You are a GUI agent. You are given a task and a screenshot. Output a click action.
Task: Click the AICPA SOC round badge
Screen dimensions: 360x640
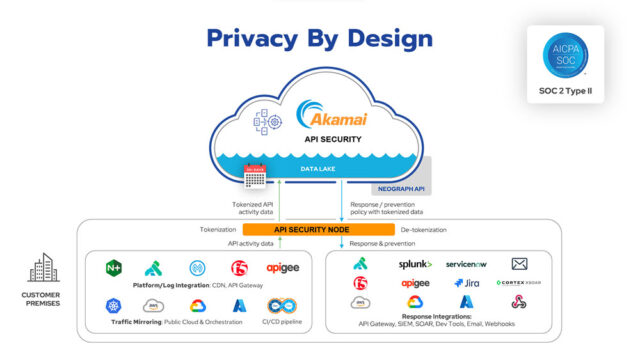pos(565,57)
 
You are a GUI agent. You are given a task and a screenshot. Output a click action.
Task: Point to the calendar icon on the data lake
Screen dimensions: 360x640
pos(253,176)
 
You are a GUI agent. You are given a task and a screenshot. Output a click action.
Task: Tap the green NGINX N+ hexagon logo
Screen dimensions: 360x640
pos(114,268)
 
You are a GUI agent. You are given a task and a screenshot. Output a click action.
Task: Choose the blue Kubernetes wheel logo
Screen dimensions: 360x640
pos(113,305)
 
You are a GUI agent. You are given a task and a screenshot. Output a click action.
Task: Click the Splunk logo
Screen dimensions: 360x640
pos(415,264)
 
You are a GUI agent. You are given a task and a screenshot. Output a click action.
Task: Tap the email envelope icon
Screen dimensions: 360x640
pos(519,264)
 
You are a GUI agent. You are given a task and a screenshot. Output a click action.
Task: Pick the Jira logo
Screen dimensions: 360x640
pos(466,283)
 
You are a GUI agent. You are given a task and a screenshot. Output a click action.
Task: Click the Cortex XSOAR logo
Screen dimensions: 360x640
pos(519,283)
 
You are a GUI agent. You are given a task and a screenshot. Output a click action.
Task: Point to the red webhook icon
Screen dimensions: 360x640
pos(519,302)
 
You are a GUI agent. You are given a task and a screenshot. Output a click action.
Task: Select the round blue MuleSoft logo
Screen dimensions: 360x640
pos(197,268)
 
